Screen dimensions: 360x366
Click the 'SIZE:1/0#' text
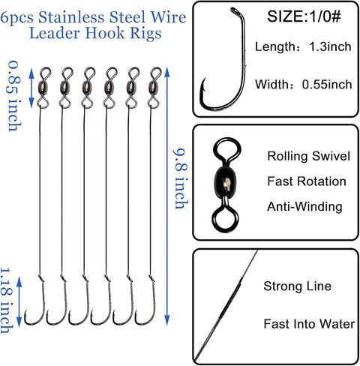(x=304, y=16)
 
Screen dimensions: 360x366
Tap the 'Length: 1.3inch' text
(x=303, y=46)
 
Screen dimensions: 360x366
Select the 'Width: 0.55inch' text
(x=304, y=84)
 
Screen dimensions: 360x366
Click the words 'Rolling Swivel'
(x=308, y=156)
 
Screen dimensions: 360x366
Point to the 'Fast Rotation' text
(x=307, y=181)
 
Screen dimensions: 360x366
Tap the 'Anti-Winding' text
(x=304, y=207)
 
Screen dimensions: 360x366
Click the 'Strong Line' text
(x=298, y=286)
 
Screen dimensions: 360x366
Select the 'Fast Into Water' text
(x=309, y=324)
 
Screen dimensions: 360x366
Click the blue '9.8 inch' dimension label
(x=181, y=178)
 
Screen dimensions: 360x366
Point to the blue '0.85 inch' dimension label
(x=15, y=96)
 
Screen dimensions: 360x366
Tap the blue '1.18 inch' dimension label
(x=7, y=301)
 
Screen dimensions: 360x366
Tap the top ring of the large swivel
(x=227, y=150)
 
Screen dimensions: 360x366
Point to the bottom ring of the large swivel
(x=223, y=218)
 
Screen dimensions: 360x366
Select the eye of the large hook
(x=235, y=11)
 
